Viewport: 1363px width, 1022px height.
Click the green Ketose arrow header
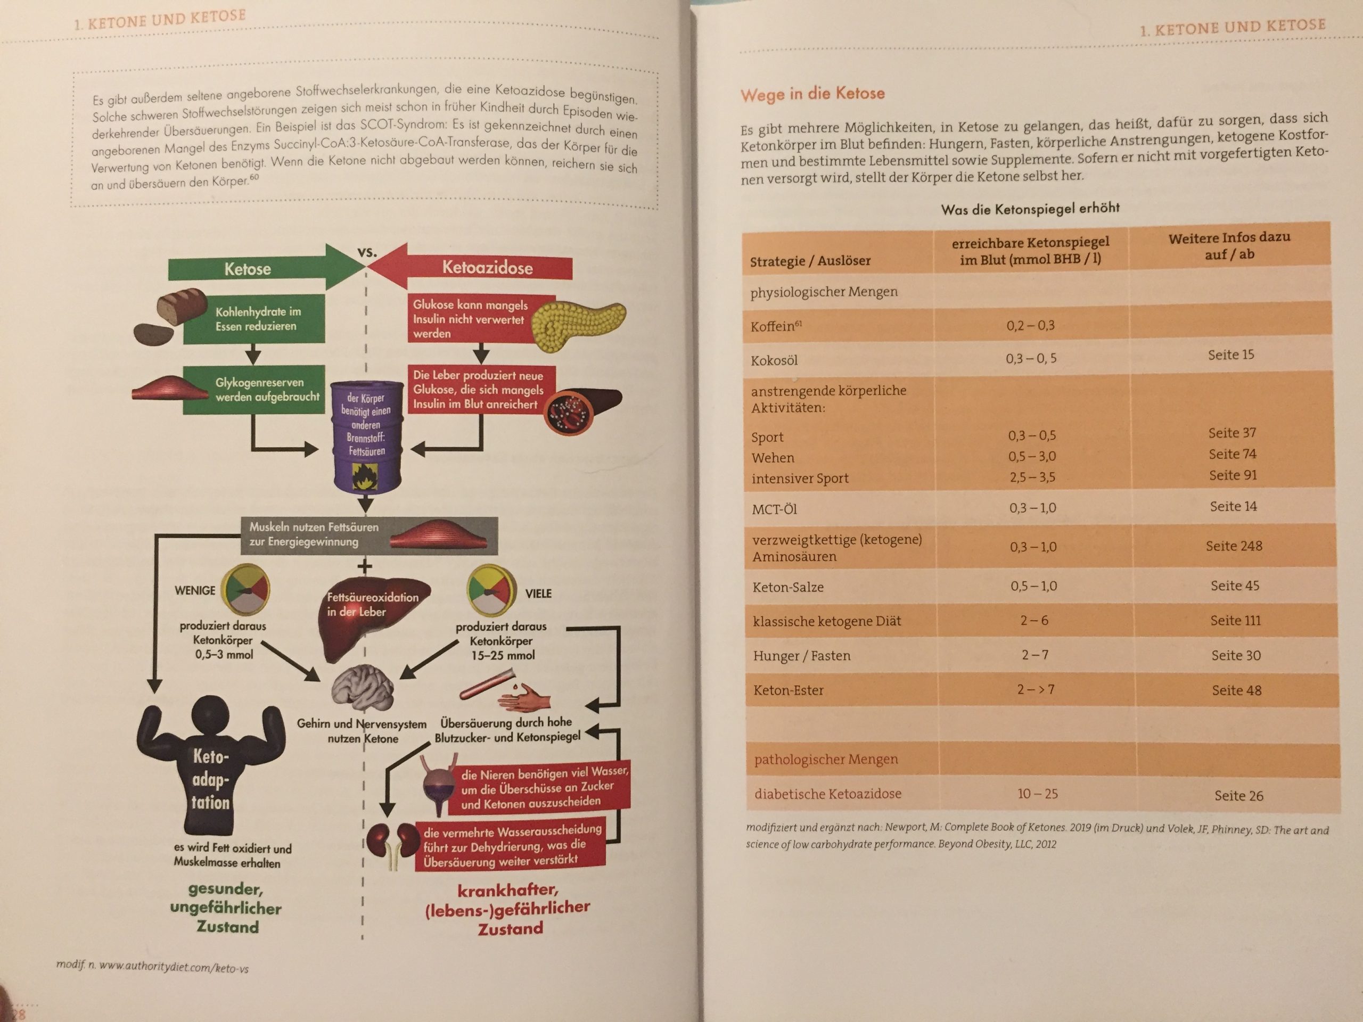coord(265,268)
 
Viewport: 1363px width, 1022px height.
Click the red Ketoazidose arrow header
coord(471,267)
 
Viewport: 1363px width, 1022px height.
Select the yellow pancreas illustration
coord(577,326)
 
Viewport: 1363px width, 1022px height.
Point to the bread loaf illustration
coord(182,305)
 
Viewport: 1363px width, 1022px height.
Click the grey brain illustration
coord(363,690)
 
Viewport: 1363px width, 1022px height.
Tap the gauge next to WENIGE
coord(245,590)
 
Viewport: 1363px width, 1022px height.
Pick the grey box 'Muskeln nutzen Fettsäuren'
coord(369,535)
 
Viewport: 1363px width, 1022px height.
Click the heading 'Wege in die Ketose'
coord(813,94)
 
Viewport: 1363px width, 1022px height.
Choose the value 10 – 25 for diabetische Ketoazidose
coord(1038,794)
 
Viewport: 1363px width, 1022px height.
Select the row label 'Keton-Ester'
coord(788,690)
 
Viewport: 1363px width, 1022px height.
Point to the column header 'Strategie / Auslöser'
coord(810,261)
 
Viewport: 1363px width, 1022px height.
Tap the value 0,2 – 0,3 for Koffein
coord(1030,325)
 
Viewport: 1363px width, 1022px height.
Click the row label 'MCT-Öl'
coord(775,509)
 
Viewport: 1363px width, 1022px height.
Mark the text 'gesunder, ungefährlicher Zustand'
coord(226,908)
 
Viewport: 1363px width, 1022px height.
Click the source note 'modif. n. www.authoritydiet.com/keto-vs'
coord(152,966)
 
